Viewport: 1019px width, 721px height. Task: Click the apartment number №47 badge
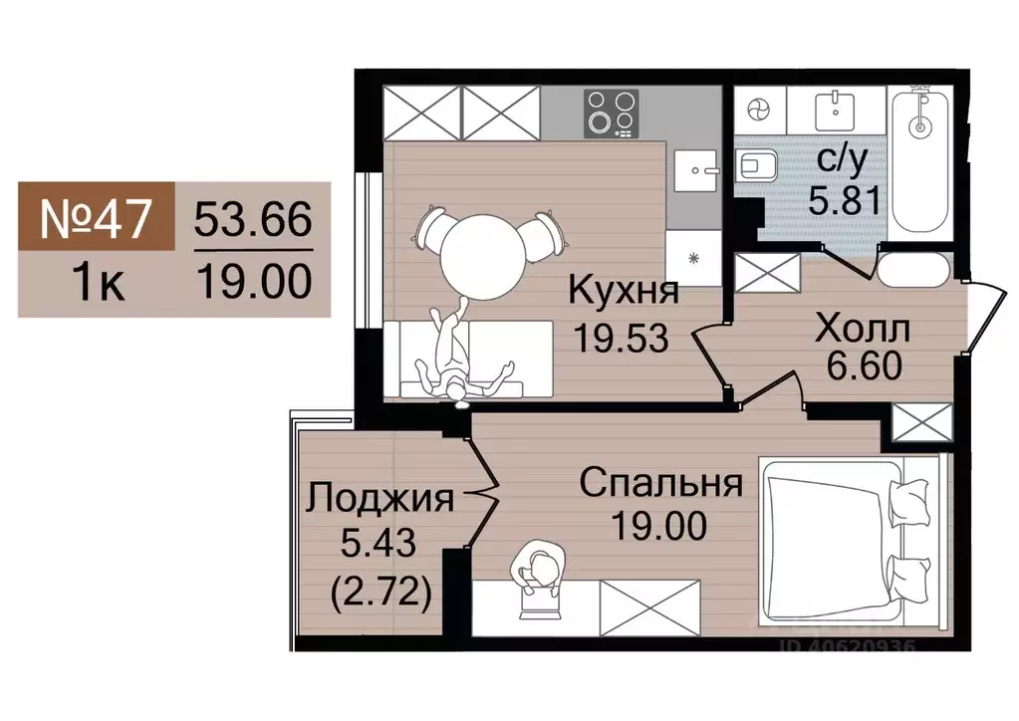point(97,217)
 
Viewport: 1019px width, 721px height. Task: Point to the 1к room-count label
point(98,284)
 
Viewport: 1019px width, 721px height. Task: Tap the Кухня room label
point(624,292)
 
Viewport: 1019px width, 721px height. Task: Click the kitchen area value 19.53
point(620,337)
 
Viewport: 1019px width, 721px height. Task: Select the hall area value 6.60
point(864,365)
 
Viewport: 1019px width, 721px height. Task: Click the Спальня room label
point(660,484)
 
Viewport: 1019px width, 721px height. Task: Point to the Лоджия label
point(380,496)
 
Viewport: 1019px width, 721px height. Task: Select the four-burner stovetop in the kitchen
point(610,112)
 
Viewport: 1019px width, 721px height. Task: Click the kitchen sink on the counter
point(696,171)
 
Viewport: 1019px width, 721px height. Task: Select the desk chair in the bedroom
point(538,575)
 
